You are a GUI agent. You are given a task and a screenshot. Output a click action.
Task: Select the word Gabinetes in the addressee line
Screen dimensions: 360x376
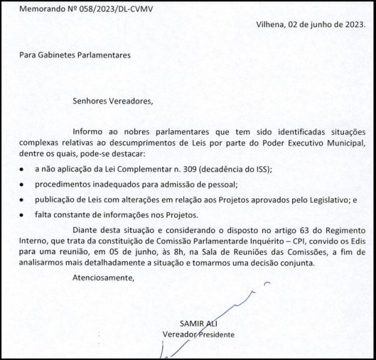(x=56, y=55)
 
